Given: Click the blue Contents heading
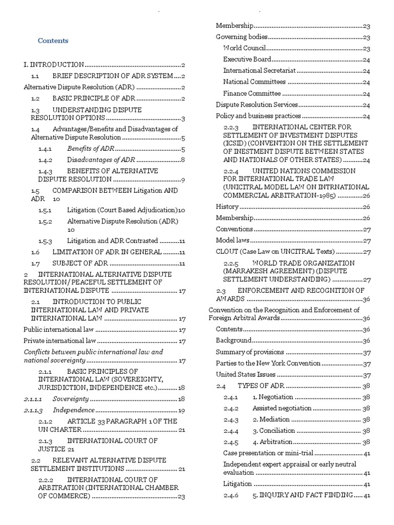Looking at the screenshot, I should pos(53,41).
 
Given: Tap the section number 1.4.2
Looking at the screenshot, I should pos(46,159).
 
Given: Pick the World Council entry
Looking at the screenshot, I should pos(244,48).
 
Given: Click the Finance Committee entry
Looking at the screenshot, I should pos(252,93).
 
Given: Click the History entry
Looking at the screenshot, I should pos(227,207).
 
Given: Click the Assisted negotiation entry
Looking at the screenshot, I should pos(282,408).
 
